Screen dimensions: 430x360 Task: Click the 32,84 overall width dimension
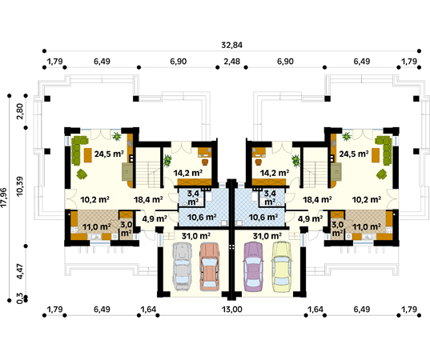(231, 45)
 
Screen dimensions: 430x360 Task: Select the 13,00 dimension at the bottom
(231, 310)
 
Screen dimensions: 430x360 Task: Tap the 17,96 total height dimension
(4, 198)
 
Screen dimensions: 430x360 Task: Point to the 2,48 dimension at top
(231, 62)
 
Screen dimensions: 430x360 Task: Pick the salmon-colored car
(210, 266)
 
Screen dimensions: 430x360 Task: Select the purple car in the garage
(253, 266)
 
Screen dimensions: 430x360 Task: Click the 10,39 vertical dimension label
(20, 186)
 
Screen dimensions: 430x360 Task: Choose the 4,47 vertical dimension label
(20, 271)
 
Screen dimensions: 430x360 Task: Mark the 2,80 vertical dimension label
(20, 111)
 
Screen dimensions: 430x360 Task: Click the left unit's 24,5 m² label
(109, 154)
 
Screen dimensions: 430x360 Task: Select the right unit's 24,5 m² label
(354, 154)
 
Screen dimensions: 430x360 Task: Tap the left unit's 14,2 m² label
(188, 173)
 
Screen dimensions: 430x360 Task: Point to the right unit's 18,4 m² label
(317, 199)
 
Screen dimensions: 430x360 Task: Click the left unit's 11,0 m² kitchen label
(97, 227)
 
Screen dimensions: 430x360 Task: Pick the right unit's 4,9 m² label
(310, 219)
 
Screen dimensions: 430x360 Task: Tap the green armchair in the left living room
(82, 174)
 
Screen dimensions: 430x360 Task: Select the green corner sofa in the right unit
(384, 150)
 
